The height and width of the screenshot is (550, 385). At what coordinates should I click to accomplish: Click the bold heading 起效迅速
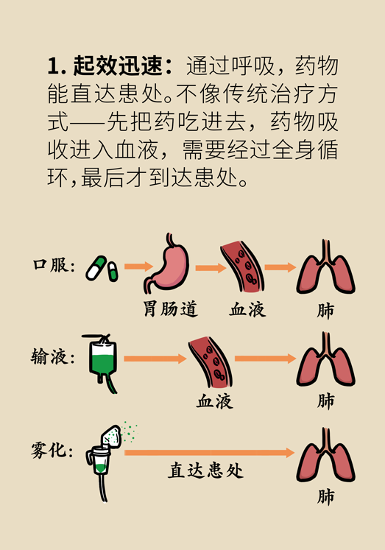click(118, 66)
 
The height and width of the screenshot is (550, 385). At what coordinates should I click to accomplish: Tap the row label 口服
click(50, 265)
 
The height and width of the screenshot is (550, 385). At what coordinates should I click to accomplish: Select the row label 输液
click(49, 357)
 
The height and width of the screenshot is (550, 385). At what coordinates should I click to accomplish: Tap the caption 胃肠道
click(170, 309)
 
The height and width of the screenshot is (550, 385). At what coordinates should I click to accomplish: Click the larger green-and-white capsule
click(96, 268)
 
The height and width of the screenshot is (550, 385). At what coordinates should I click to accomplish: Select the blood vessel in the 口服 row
click(242, 267)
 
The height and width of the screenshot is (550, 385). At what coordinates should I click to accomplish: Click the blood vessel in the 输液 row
click(211, 362)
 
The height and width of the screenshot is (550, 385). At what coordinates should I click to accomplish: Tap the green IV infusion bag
click(103, 362)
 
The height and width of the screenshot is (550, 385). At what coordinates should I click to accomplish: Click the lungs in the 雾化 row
click(326, 455)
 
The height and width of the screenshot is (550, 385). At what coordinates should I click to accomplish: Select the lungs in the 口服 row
click(326, 267)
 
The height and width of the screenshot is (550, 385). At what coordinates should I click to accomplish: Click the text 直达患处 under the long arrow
click(205, 470)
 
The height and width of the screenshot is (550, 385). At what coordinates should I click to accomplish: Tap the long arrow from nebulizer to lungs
click(209, 453)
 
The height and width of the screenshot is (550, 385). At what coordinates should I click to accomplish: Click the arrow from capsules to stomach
click(139, 267)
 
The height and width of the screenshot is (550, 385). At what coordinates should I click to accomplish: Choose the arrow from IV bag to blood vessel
click(155, 359)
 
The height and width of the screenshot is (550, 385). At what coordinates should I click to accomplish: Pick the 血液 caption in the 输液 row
click(214, 401)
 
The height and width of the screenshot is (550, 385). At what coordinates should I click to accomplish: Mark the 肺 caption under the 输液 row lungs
click(326, 401)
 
